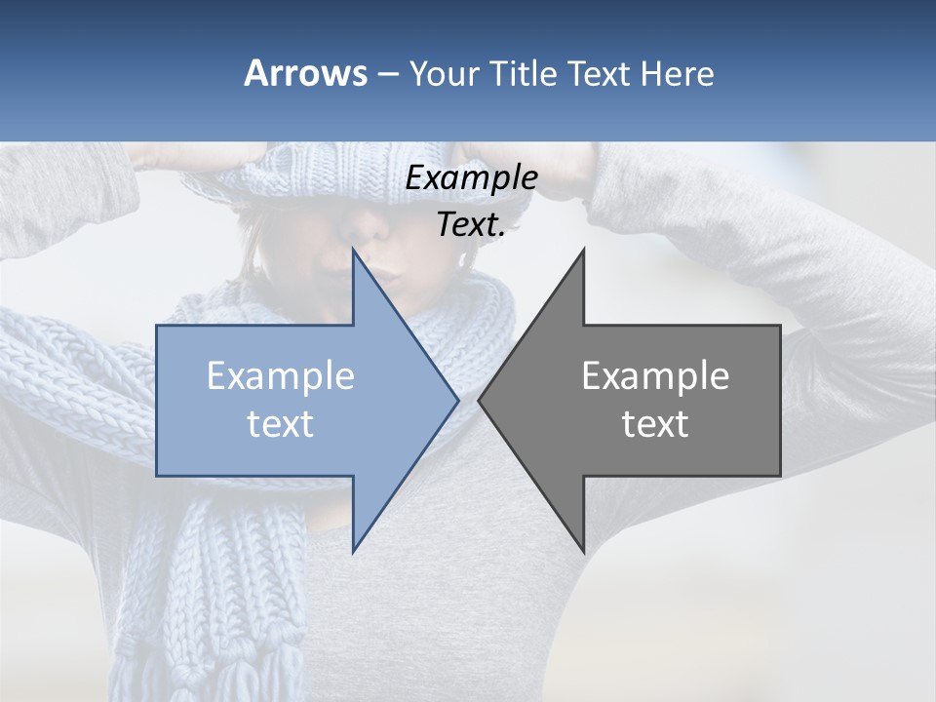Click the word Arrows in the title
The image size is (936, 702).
(x=305, y=73)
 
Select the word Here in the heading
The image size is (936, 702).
(x=678, y=73)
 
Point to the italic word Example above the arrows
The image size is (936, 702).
(x=472, y=177)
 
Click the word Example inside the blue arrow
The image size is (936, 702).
(x=281, y=376)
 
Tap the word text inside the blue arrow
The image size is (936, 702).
(x=281, y=424)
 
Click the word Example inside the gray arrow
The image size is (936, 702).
(x=655, y=376)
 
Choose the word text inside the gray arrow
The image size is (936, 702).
(x=655, y=424)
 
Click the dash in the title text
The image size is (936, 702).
(x=386, y=74)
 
